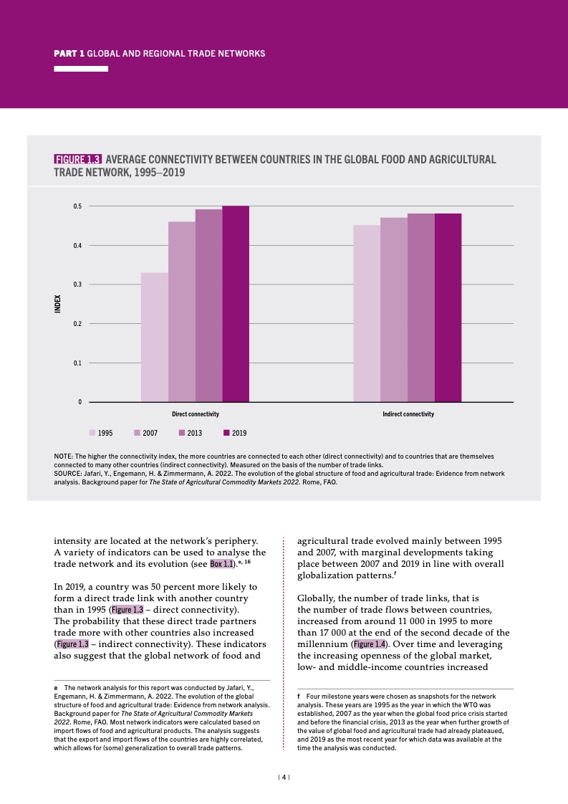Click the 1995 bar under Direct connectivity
click(155, 337)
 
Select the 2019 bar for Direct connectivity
click(236, 304)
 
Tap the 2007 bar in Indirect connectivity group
click(394, 310)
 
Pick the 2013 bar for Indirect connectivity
click(421, 307)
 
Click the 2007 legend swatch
click(137, 433)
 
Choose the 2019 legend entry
click(234, 433)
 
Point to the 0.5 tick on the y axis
click(77, 206)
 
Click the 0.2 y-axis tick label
click(77, 324)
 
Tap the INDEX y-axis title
click(59, 304)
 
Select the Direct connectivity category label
click(195, 414)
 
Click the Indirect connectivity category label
click(408, 414)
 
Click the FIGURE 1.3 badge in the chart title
click(78, 159)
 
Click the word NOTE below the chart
click(63, 456)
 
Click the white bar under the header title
click(81, 69)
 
